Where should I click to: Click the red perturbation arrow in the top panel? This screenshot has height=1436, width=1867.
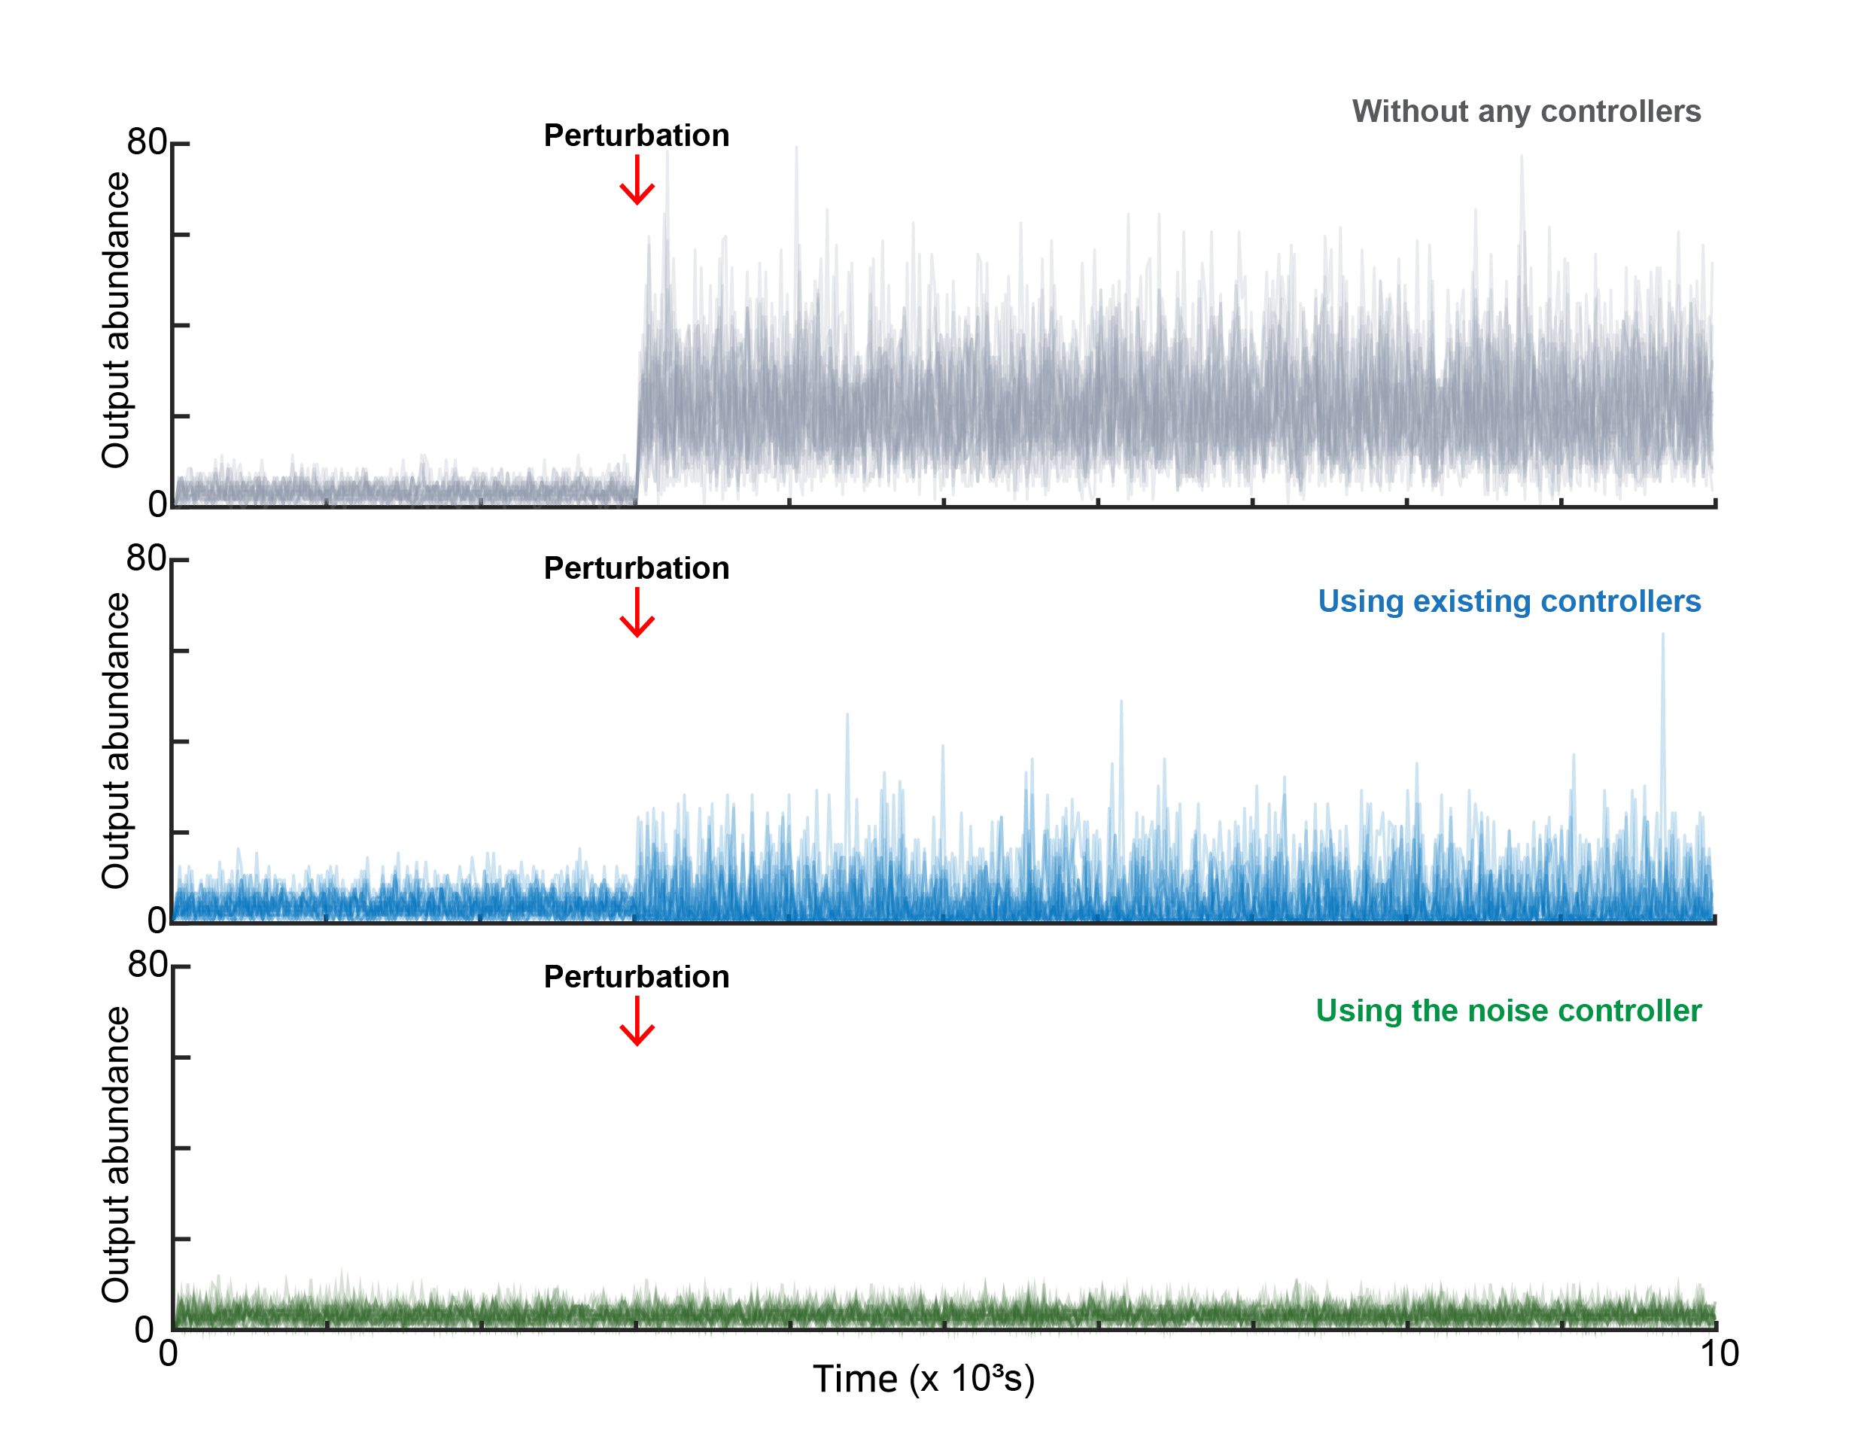coord(637,181)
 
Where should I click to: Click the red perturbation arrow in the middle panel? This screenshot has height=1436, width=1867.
coord(637,613)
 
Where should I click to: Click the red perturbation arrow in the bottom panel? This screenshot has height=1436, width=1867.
coord(637,1021)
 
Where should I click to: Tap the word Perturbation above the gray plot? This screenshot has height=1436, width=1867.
coord(637,135)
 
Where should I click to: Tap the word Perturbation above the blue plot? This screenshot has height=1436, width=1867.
coord(637,568)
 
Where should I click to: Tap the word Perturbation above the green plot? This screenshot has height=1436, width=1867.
coord(637,977)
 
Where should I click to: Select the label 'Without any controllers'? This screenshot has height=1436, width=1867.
coord(1525,111)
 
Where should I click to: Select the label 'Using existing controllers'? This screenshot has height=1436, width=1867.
coord(1508,601)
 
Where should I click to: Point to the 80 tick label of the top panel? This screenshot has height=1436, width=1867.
coord(146,142)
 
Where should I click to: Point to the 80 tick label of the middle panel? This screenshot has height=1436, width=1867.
coord(146,558)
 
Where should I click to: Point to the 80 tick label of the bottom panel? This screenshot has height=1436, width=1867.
coord(147,965)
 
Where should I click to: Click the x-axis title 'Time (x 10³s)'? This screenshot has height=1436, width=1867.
coord(923,1379)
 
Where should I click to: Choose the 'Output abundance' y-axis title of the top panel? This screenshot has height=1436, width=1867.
coord(115,320)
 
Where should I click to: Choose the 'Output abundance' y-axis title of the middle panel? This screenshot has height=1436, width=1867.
coord(115,741)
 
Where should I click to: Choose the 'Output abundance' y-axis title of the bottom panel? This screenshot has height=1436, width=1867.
coord(115,1154)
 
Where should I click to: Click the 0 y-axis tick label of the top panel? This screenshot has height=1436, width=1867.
coord(157,504)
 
